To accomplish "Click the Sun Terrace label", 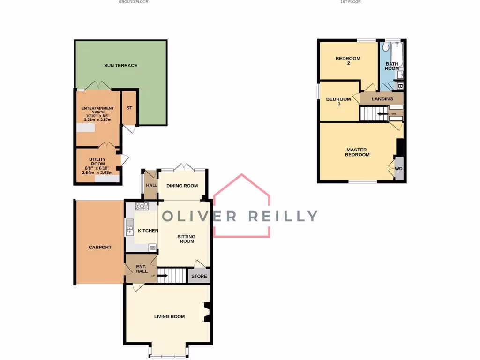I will point(120,65).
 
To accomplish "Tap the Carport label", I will point(100,247).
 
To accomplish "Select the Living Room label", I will point(169,316).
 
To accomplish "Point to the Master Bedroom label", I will point(357,152).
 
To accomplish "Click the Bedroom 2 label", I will point(348,61).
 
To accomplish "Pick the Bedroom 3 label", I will point(338,101).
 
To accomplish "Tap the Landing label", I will point(382,99).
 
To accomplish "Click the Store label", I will point(199,276).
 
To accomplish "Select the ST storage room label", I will point(129,108).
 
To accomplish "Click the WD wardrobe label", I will point(398,169).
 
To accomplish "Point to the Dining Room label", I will point(182,186).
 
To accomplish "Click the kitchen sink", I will point(130,230).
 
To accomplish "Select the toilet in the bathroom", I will point(386,47).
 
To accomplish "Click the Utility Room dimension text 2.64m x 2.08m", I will point(97,172).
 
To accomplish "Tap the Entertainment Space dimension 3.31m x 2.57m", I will point(97,120).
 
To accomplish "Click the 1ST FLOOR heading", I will point(351,2).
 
